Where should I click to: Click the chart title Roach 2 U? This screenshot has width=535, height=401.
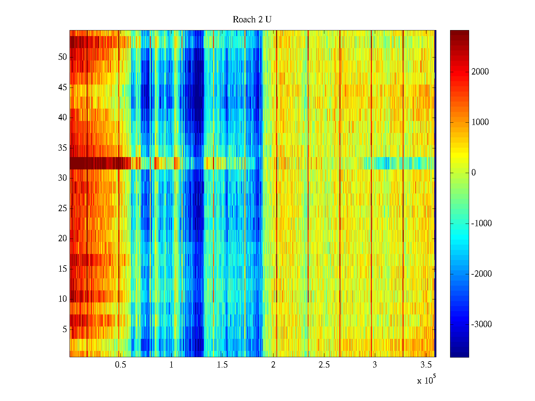point(252,20)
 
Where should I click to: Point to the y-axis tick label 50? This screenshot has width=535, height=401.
point(63,57)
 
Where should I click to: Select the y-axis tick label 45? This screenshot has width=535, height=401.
point(63,88)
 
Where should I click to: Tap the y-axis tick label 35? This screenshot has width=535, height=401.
point(63,148)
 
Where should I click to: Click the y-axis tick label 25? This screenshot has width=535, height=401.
point(63,209)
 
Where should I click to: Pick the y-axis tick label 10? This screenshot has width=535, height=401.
point(63,299)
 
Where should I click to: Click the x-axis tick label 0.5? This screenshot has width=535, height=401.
point(120,365)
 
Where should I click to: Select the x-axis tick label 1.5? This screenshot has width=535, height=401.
point(222,365)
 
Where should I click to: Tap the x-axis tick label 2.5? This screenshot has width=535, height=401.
point(324,365)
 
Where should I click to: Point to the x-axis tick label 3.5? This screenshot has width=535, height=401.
point(425,365)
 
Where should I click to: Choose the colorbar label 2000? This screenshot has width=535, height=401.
point(480,72)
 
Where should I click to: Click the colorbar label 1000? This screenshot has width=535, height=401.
point(480,122)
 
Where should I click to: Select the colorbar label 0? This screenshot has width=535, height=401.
point(473,173)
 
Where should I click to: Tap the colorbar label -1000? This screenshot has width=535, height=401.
point(481,224)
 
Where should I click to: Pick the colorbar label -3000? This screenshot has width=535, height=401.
point(481,324)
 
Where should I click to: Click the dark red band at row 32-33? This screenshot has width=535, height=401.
point(100,163)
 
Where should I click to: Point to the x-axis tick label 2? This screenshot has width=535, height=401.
point(273,365)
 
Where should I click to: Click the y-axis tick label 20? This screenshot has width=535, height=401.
point(63,239)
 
